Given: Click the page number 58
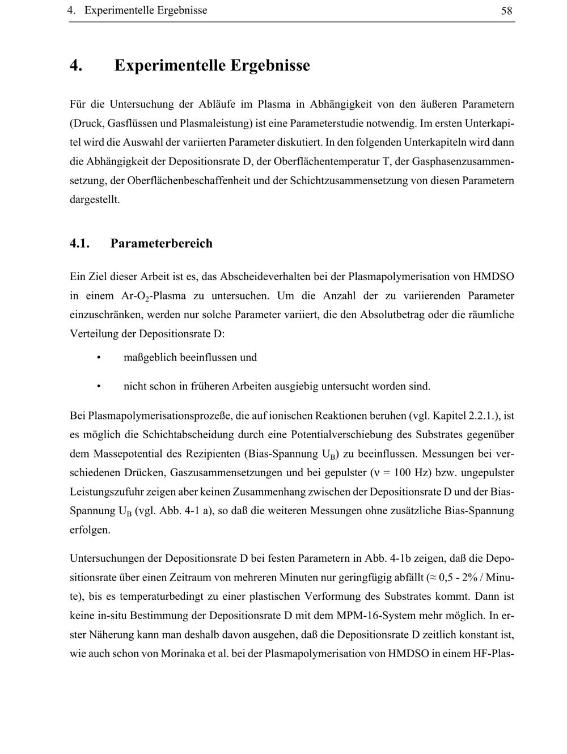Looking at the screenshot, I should tap(507, 11).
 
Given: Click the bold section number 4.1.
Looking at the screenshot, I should tap(80, 244).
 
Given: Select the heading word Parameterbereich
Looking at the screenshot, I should tap(161, 244).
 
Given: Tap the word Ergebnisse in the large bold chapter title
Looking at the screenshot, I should tap(270, 66).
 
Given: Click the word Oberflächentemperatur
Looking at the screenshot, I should tap(327, 162).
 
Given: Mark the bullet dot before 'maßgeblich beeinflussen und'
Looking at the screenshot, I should tap(99, 358).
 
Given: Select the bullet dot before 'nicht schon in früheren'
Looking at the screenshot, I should tap(99, 387).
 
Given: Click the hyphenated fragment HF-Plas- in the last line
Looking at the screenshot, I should tap(493, 654).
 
